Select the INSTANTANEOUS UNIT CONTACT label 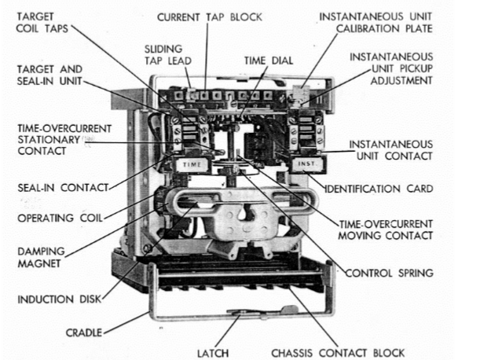[390, 150]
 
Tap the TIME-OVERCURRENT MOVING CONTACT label [385, 230]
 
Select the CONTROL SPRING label [390, 273]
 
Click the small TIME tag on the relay [192, 164]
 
